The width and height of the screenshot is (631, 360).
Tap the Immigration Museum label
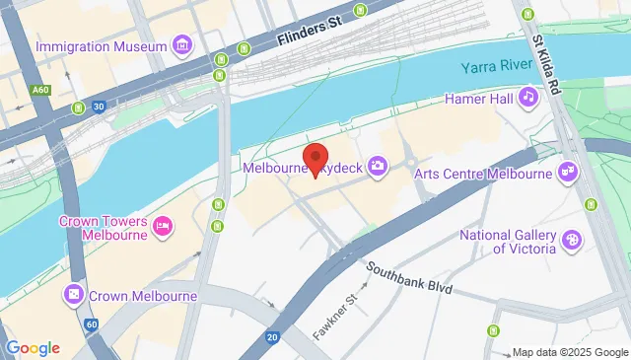tap(100, 46)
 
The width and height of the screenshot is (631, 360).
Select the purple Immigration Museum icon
tap(181, 45)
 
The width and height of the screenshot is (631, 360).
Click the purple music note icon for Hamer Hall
tap(528, 97)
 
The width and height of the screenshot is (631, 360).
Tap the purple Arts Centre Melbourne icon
tap(568, 174)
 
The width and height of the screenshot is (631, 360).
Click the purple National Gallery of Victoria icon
tap(570, 240)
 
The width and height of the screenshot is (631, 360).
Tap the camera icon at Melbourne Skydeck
tap(377, 167)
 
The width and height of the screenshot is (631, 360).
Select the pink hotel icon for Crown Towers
tap(164, 228)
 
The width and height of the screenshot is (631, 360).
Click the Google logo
tap(32, 347)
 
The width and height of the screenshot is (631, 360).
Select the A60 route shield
tap(39, 90)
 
